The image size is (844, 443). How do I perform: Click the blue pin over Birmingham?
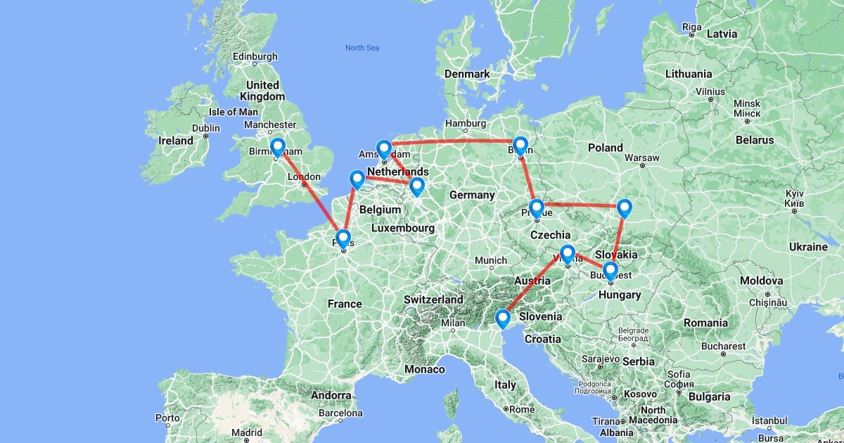[278, 147]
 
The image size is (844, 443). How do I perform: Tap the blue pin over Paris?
[343, 238]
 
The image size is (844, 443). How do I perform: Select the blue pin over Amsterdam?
[383, 149]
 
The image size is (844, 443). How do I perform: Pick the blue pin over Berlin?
[520, 145]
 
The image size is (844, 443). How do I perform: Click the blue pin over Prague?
[537, 208]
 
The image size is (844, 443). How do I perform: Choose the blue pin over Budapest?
[610, 270]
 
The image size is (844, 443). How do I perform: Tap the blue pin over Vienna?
[568, 253]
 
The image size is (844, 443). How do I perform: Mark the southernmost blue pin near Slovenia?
[503, 319]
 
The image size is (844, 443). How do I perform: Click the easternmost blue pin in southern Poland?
[625, 207]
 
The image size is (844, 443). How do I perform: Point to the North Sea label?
[362, 48]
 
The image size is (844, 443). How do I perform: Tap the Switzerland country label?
[433, 300]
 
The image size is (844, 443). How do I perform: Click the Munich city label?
[491, 260]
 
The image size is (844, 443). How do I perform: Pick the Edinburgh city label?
[257, 56]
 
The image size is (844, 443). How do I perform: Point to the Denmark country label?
[467, 74]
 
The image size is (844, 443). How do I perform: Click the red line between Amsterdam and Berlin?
[450, 141]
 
